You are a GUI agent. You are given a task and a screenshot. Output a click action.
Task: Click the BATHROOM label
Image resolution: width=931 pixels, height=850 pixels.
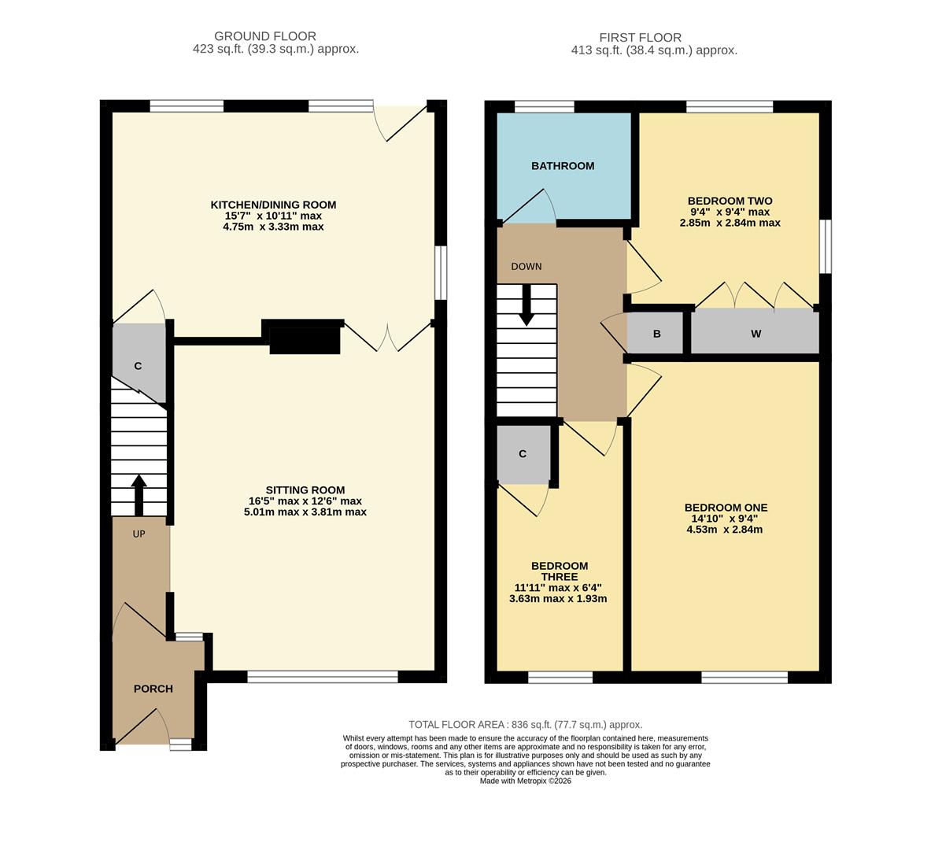click(562, 166)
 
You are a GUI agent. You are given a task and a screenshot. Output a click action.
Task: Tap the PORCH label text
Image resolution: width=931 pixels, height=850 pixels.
click(153, 689)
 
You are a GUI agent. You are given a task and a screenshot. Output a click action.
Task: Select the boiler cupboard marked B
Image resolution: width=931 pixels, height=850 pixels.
click(657, 334)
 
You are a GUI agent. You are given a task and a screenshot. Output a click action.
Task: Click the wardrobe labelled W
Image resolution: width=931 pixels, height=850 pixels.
click(756, 334)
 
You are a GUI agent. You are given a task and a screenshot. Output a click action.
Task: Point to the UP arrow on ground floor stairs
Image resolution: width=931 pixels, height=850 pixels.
click(139, 494)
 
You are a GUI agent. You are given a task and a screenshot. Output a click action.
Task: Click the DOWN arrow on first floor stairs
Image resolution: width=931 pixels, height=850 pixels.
click(526, 305)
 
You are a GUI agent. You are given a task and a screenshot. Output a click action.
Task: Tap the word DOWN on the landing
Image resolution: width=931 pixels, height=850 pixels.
click(526, 267)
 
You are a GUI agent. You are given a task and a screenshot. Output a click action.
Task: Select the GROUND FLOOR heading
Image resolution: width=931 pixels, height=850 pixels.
click(265, 36)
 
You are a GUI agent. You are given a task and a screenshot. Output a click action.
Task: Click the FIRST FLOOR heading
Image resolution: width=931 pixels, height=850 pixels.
click(640, 38)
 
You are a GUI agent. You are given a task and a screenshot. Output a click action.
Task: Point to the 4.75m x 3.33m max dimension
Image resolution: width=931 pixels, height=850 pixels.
click(273, 227)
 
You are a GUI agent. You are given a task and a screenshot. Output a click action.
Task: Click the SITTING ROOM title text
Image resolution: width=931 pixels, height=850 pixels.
click(305, 490)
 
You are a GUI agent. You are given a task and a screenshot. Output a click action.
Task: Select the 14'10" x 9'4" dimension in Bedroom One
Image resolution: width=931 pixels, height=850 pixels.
click(725, 519)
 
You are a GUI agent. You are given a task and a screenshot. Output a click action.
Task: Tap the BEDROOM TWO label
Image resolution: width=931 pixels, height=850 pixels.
click(730, 201)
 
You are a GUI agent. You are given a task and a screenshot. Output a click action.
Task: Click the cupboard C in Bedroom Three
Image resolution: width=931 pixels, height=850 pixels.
click(523, 454)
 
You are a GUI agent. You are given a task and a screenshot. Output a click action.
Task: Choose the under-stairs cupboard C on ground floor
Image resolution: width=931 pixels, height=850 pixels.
click(138, 366)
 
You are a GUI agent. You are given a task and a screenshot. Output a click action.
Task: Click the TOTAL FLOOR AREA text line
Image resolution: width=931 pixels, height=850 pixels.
click(525, 725)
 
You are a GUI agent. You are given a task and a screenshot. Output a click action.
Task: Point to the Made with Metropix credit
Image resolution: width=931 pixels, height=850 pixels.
click(525, 781)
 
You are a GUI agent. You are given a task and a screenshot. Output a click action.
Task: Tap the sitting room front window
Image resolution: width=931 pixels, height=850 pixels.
click(323, 677)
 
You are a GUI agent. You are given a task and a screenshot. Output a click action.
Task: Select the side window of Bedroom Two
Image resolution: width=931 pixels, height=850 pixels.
click(826, 246)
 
